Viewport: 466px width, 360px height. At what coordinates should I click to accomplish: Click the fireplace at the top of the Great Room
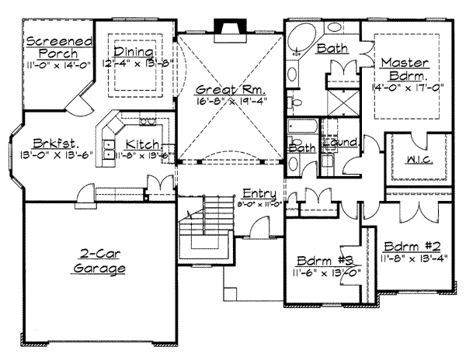(x=228, y=29)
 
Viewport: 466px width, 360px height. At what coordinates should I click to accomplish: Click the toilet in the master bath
(x=295, y=100)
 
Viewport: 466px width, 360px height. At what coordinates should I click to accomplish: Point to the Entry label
(x=259, y=192)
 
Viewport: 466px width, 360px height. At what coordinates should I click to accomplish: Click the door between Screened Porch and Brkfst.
(x=77, y=105)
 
